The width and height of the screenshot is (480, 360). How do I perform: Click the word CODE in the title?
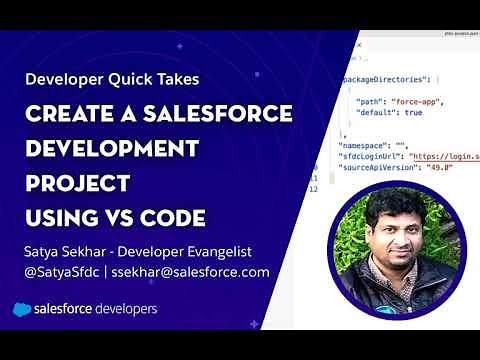[172, 218]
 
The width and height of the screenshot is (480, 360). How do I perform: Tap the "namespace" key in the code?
[363, 145]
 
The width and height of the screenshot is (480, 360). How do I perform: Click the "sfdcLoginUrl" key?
[370, 156]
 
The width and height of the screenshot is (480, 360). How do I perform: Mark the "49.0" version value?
[441, 168]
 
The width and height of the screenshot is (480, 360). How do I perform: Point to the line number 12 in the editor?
[313, 189]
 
